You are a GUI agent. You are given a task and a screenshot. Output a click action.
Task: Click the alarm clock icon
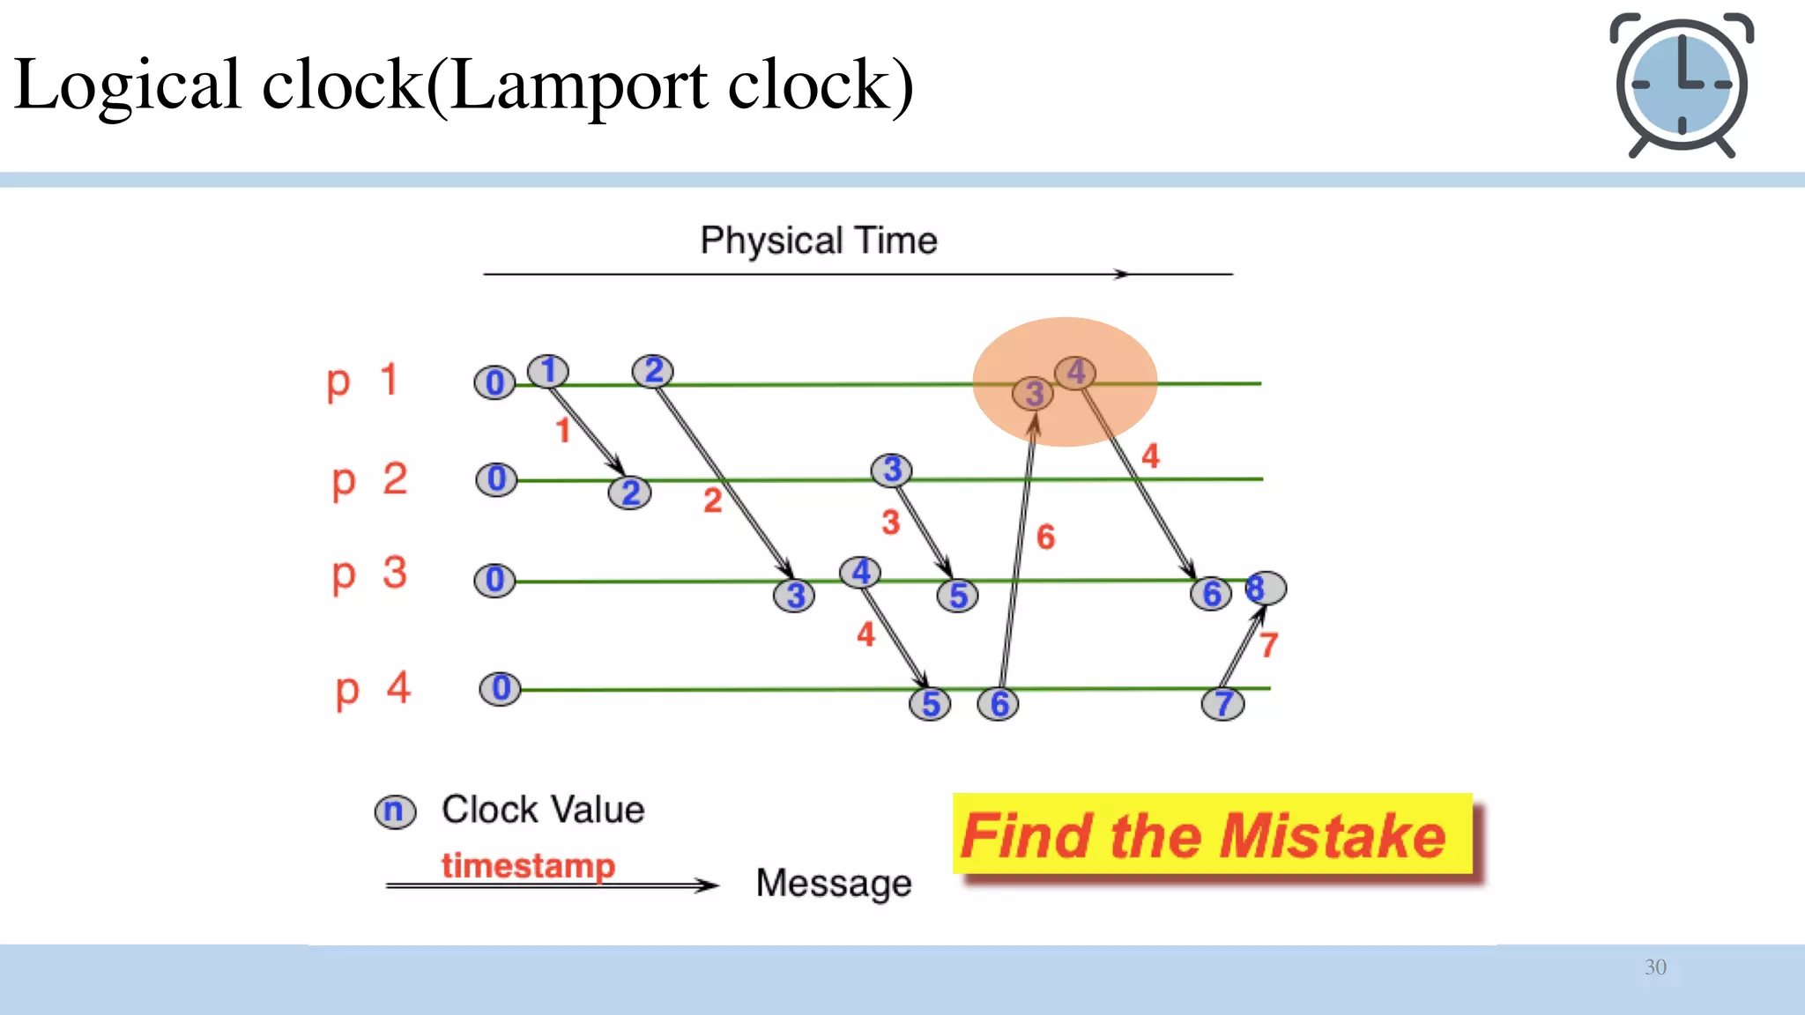pos(1682,85)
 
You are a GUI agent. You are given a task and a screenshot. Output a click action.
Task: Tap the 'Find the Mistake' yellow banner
pos(1212,834)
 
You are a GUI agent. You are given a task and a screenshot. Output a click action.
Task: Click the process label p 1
pos(362,382)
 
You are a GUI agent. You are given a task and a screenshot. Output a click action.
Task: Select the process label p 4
pos(373,689)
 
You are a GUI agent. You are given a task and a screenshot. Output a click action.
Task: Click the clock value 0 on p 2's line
pos(496,479)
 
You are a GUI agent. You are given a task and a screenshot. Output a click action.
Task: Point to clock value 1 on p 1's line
pos(548,371)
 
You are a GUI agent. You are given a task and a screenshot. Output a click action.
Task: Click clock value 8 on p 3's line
pos(1264,588)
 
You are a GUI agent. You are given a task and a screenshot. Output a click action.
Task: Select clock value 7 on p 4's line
pos(1223,704)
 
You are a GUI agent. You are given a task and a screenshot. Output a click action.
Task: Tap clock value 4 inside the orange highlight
pos(1075,373)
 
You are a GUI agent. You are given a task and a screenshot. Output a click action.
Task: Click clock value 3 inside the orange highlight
pos(1033,394)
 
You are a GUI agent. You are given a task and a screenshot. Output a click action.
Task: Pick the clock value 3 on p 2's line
pos(891,470)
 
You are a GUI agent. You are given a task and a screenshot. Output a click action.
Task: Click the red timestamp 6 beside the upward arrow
pos(1045,537)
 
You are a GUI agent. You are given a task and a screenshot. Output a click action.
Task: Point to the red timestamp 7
pos(1268,645)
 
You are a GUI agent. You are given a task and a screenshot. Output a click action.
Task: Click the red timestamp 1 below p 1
pos(563,431)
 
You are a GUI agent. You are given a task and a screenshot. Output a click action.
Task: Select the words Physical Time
pos(818,241)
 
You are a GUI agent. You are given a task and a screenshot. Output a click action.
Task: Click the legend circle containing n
pos(394,811)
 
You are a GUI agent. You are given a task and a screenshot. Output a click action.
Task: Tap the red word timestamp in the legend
pos(528,865)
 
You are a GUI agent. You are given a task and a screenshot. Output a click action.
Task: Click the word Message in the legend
pos(833,883)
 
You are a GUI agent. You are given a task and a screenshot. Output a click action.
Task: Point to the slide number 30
pos(1655,967)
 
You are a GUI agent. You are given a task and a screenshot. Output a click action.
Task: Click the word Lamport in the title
pos(577,85)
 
